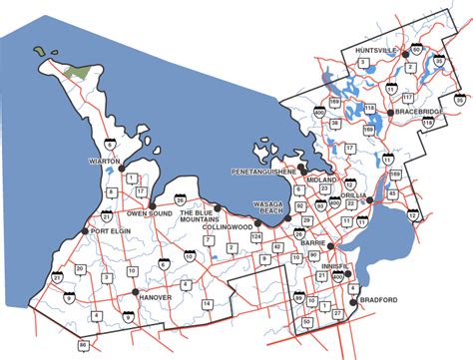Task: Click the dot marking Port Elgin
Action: tap(85, 232)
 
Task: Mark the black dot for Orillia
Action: tap(370, 200)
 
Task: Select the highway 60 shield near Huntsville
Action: tap(416, 48)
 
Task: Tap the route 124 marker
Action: tap(256, 236)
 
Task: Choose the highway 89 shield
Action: tap(298, 298)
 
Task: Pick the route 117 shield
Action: tap(406, 97)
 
